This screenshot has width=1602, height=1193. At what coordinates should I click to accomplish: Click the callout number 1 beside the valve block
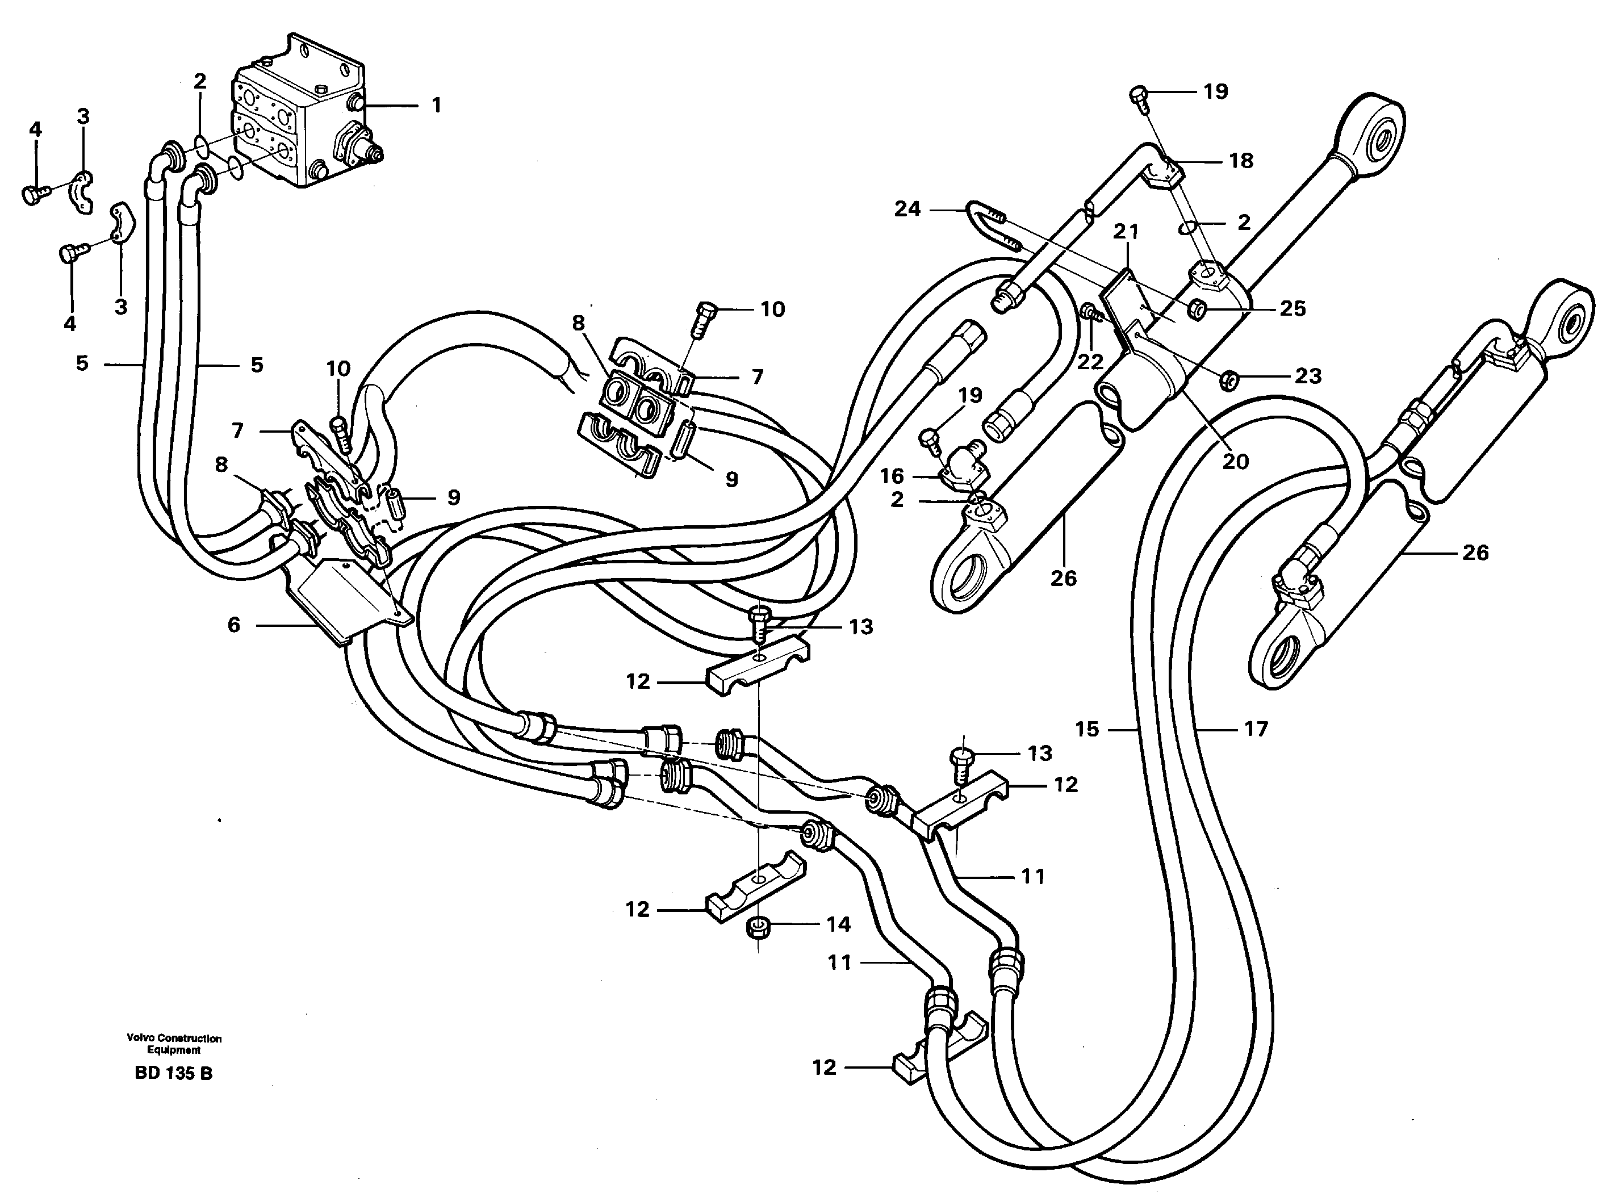[436, 106]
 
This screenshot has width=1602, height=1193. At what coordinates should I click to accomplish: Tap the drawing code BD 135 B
[173, 1074]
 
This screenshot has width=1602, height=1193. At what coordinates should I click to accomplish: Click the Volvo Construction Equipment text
[174, 1044]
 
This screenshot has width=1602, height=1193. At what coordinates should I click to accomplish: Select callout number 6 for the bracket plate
[233, 625]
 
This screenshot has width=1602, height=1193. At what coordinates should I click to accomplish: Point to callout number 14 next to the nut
[839, 924]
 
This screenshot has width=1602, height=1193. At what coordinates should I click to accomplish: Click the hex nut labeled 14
[756, 927]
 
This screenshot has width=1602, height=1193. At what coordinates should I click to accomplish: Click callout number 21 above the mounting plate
[1126, 231]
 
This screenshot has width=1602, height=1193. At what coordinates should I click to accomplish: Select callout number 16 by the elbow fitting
[892, 476]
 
